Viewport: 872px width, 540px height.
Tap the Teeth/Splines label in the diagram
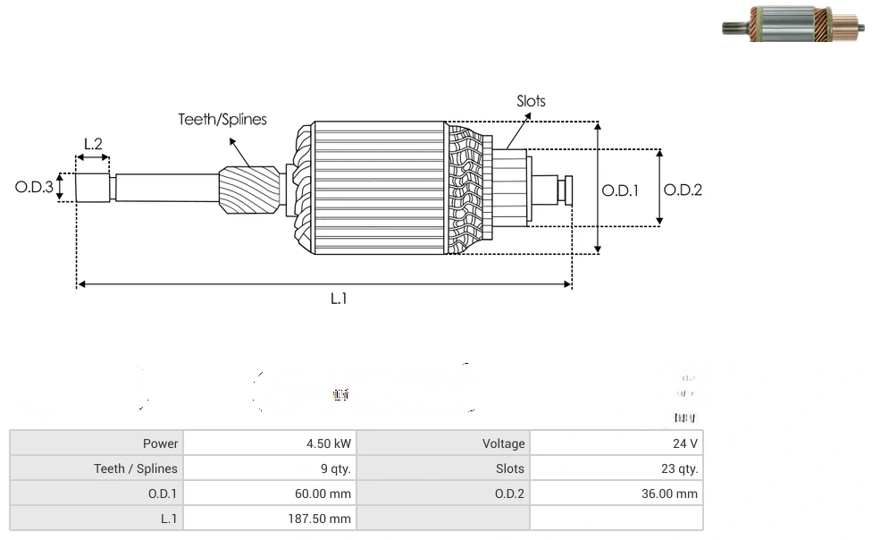(x=222, y=120)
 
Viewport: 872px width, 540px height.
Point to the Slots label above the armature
(x=531, y=101)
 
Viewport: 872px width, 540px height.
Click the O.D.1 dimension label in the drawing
(x=620, y=190)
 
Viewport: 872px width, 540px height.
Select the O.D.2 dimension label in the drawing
(x=683, y=190)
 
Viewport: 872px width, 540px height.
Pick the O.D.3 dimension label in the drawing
(x=34, y=188)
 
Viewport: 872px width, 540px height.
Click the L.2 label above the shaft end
(x=93, y=144)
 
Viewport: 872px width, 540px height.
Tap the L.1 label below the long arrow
(x=339, y=300)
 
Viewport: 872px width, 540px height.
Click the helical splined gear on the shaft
(x=249, y=194)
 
